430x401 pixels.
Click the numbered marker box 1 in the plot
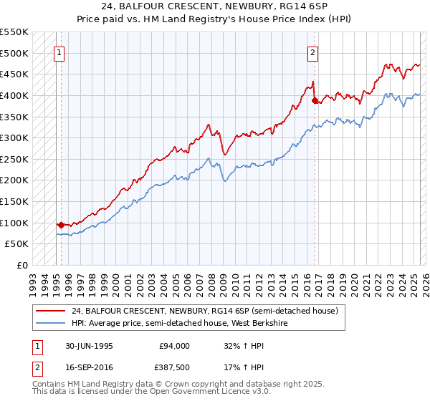pyautogui.click(x=59, y=51)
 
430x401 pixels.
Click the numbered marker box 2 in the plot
pyautogui.click(x=313, y=51)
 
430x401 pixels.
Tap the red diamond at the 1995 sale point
pyautogui.click(x=61, y=224)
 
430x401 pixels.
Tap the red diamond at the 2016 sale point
pyautogui.click(x=316, y=100)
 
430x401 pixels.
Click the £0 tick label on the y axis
pyautogui.click(x=21, y=265)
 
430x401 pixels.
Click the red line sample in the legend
pyautogui.click(x=51, y=311)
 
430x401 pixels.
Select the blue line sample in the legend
pyautogui.click(x=51, y=322)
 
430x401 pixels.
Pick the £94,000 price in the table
pyautogui.click(x=174, y=346)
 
